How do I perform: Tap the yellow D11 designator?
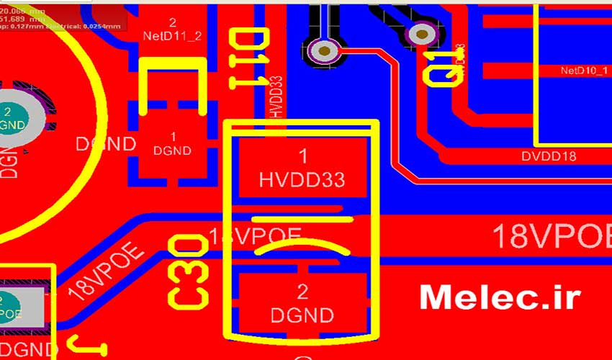point(248,59)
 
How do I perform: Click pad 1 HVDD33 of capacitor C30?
point(302,168)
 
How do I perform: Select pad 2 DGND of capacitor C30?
point(302,303)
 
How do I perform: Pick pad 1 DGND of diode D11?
point(173,143)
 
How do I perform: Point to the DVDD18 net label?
point(549,156)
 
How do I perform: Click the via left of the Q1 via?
point(325,50)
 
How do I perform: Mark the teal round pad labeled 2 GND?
point(11,117)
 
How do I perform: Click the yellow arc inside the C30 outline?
point(302,247)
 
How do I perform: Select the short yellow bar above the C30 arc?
point(302,217)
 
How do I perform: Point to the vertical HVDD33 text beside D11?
point(276,97)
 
